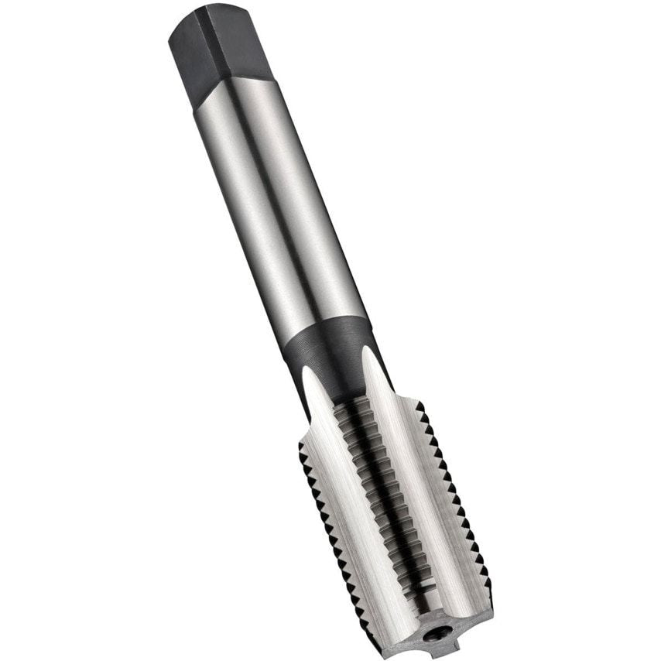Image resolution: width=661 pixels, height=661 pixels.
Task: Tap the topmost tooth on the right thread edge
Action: pos(420,406)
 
